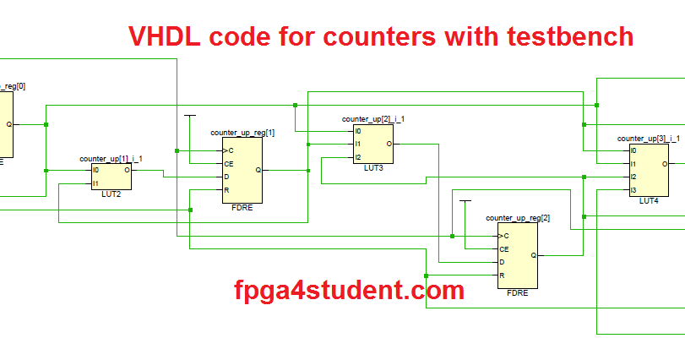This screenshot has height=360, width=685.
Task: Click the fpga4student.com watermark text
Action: [349, 291]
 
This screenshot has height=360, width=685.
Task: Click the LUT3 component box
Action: [373, 144]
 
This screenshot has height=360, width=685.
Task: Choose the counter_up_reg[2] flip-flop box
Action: [517, 255]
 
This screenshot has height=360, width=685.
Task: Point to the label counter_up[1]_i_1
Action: [111, 159]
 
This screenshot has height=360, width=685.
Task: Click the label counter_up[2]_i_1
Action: [372, 119]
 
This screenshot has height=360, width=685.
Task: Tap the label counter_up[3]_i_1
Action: [648, 138]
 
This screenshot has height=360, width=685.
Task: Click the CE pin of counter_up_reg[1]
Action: [228, 163]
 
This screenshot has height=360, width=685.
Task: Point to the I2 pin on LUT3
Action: [359, 157]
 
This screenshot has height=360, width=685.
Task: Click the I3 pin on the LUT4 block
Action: [633, 190]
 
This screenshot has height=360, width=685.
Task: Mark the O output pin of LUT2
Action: [127, 170]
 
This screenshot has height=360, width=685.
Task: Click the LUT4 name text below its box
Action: [648, 201]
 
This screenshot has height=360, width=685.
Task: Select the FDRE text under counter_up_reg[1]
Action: [242, 207]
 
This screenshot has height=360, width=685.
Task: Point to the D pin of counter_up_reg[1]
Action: [226, 177]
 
